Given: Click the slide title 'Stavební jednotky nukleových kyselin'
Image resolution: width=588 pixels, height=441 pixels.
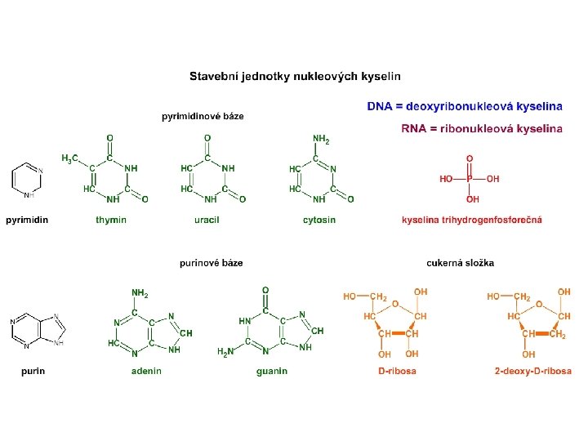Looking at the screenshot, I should click(x=295, y=78).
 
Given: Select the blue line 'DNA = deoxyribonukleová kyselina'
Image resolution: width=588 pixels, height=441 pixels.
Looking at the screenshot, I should click(x=465, y=106).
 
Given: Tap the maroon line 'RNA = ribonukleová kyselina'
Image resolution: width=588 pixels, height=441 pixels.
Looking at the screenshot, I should click(x=482, y=128).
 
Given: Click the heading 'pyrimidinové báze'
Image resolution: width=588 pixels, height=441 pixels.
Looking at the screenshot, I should click(x=203, y=116).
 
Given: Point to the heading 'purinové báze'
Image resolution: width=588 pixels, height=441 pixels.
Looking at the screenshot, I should click(x=211, y=263).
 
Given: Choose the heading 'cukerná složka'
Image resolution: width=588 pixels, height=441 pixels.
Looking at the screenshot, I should click(x=460, y=263).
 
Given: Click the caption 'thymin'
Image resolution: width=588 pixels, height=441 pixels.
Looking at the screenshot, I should click(x=111, y=220).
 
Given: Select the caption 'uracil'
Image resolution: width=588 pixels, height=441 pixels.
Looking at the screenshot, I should click(x=207, y=220).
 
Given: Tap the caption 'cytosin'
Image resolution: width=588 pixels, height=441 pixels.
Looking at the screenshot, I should click(x=318, y=220).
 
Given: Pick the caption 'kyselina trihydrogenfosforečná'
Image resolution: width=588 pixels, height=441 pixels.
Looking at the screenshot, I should click(x=471, y=220).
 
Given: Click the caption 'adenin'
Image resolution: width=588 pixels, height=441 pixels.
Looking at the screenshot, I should click(x=146, y=371).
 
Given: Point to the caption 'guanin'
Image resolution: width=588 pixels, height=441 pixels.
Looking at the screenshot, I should click(x=271, y=371).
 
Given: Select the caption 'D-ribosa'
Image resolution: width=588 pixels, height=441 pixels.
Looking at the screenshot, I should click(x=396, y=371).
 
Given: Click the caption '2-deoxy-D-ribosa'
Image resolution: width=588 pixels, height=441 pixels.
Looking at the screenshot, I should click(x=532, y=371).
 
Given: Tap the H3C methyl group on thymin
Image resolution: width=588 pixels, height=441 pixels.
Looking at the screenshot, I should click(x=71, y=158).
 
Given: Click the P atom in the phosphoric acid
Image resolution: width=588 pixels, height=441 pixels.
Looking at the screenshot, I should click(x=470, y=179).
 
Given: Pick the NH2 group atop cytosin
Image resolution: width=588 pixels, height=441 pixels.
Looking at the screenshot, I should click(x=321, y=140).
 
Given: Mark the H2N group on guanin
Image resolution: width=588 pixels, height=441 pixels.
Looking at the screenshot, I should click(x=225, y=352).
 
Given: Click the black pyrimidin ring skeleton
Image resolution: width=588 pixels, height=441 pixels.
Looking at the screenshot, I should click(x=25, y=180).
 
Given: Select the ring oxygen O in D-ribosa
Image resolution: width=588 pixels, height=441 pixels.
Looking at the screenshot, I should click(x=394, y=303).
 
